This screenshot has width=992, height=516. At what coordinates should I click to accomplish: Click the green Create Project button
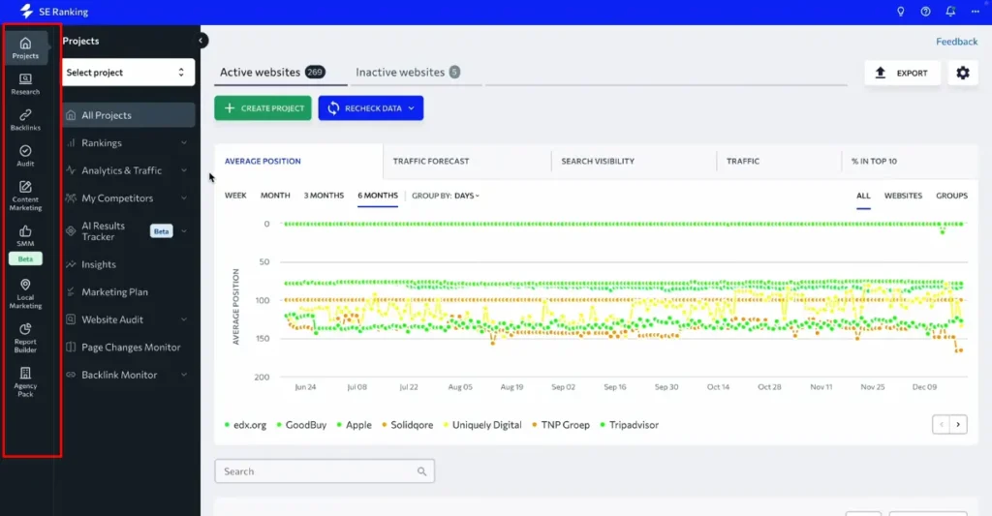263,108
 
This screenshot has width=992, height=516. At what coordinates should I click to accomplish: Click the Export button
902,73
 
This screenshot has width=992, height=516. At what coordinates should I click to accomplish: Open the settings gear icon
962,73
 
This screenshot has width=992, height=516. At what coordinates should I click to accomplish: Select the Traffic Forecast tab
430,161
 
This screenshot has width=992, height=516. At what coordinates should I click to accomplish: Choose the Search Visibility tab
598,161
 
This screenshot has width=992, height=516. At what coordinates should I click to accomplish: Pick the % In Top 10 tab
874,161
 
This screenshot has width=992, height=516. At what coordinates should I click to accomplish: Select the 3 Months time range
324,196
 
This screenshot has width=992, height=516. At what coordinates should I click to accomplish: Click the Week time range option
235,196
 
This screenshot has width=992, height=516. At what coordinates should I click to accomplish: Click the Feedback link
956,42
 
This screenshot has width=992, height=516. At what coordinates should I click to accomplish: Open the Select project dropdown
125,73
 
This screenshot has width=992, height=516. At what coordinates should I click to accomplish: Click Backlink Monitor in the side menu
119,375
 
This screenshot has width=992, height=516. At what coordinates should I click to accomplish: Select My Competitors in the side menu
117,198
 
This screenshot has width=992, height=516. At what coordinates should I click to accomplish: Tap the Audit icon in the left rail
25,156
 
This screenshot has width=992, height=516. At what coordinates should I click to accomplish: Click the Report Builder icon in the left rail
25,338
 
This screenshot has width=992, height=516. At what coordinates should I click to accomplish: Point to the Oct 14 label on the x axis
718,387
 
